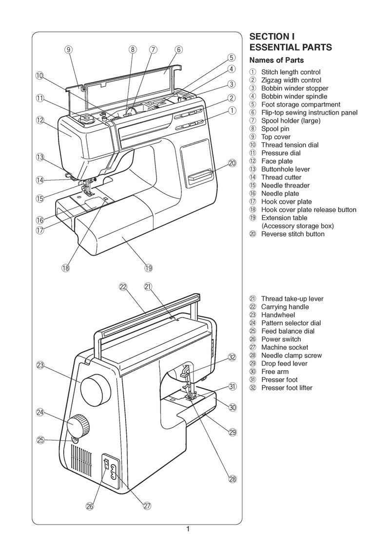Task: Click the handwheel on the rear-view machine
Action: pyautogui.click(x=97, y=388)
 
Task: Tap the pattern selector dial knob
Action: pyautogui.click(x=78, y=426)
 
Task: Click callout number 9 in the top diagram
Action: pyautogui.click(x=69, y=49)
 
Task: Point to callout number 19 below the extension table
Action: pyautogui.click(x=149, y=267)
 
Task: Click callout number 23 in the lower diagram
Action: pyautogui.click(x=40, y=365)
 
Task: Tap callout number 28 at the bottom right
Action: pyautogui.click(x=232, y=479)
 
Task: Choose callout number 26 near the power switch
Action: pyautogui.click(x=90, y=506)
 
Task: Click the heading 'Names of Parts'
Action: pyautogui.click(x=276, y=60)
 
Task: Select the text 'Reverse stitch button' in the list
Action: pyautogui.click(x=292, y=234)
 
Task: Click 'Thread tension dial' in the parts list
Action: pyautogui.click(x=290, y=145)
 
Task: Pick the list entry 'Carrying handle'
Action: pyautogui.click(x=285, y=307)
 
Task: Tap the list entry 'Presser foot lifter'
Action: pyautogui.click(x=287, y=388)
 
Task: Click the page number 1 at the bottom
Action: pyautogui.click(x=188, y=529)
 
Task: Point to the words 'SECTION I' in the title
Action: pyautogui.click(x=271, y=37)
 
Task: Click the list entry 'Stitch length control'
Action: pyautogui.click(x=290, y=72)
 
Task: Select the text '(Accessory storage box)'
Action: pyautogui.click(x=297, y=226)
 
